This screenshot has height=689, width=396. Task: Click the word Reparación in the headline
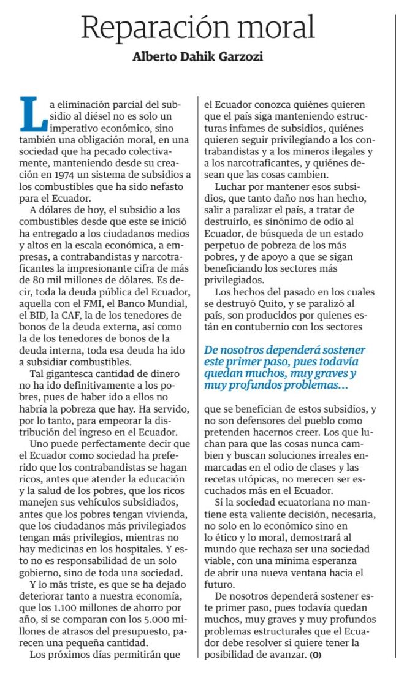(150, 26)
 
